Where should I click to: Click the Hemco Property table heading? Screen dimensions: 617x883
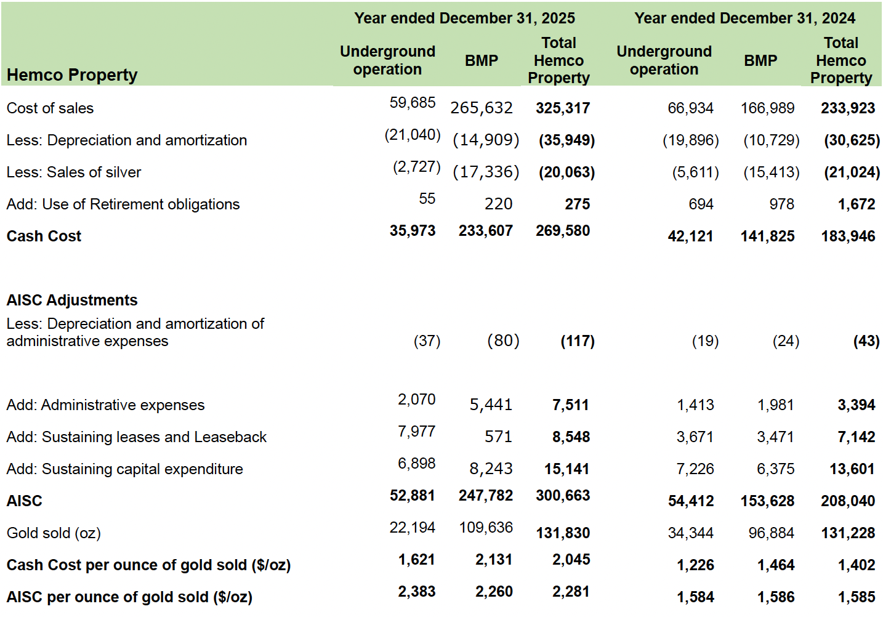[72, 75]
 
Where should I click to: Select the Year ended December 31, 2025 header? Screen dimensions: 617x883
[464, 18]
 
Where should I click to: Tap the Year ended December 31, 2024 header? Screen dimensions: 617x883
[744, 18]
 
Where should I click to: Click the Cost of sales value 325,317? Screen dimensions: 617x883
[562, 108]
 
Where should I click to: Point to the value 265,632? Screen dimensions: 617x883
[481, 108]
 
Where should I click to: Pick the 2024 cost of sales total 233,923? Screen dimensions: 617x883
[847, 108]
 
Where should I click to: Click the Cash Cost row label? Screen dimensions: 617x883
[44, 236]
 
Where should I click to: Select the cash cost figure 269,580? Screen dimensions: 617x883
[562, 231]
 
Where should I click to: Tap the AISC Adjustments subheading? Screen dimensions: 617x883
[72, 300]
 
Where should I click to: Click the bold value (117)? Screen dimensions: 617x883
[577, 341]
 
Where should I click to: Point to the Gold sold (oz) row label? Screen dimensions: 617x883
[54, 533]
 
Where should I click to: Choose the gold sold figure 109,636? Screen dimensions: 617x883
[486, 528]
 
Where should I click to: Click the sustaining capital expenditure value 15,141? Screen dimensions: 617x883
[566, 469]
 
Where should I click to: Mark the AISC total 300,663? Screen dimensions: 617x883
[562, 496]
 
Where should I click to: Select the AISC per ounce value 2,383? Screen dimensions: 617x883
[416, 592]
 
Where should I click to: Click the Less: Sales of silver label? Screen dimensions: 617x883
[74, 172]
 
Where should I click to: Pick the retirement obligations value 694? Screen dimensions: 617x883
[701, 204]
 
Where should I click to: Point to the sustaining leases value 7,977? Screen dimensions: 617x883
[416, 432]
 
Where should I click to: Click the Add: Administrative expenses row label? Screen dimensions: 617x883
[105, 405]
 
